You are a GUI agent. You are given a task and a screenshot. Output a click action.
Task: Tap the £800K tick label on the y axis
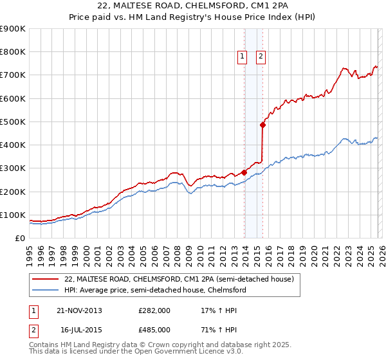(x=12, y=52)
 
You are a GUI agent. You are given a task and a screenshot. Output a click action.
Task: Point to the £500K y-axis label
(x=12, y=122)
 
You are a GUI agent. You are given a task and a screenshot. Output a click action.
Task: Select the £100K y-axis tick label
(x=12, y=215)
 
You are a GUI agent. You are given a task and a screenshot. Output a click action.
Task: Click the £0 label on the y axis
(x=19, y=238)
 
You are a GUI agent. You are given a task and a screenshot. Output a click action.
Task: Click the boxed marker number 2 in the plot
(x=261, y=57)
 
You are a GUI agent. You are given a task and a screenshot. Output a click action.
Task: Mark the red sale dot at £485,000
(x=262, y=125)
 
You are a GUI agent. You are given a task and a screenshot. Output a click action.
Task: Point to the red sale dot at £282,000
(x=244, y=172)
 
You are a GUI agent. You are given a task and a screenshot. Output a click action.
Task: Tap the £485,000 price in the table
(x=154, y=329)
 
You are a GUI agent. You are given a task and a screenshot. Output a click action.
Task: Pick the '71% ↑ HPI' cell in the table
(x=214, y=329)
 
